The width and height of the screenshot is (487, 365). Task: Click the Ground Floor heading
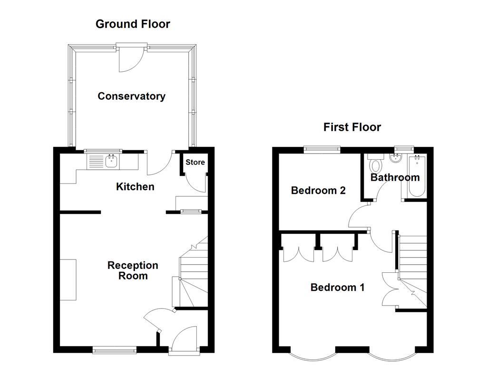[x=133, y=24]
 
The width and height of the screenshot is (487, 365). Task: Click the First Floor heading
[x=352, y=127]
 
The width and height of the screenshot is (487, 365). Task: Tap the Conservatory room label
[x=131, y=96]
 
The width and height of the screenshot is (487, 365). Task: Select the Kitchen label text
[x=135, y=187]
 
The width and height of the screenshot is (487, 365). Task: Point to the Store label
[x=195, y=162]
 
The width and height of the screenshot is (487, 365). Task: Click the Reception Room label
[x=133, y=270]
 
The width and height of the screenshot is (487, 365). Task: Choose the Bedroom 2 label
[x=318, y=191]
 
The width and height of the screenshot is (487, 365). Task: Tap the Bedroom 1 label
[x=337, y=288]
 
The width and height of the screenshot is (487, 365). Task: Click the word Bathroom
[x=395, y=178]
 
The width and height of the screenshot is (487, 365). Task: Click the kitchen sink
[x=111, y=161]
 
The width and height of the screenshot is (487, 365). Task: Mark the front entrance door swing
[x=184, y=338]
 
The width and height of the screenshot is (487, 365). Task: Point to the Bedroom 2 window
[x=322, y=149]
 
